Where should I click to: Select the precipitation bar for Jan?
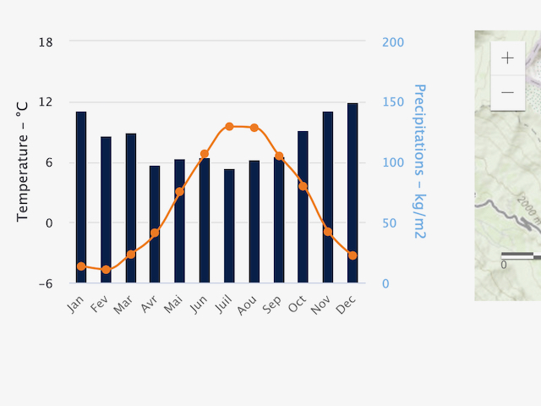[x=81, y=197]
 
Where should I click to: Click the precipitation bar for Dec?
[x=352, y=193]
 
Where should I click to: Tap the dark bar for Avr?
[x=155, y=224]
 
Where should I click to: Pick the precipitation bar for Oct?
[x=303, y=207]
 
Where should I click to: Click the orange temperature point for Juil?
[x=229, y=126]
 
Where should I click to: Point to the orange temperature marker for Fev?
[x=106, y=270]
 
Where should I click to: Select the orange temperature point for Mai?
[x=179, y=192]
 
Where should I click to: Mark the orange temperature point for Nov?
[x=328, y=232]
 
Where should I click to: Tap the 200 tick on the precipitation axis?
[x=392, y=42]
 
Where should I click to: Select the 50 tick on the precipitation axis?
[x=388, y=223]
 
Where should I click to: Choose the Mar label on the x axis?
[x=123, y=305]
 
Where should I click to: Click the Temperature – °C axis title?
[x=23, y=162]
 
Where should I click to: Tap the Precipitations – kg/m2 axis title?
[x=417, y=161]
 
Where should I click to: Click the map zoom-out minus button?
[x=507, y=92]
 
